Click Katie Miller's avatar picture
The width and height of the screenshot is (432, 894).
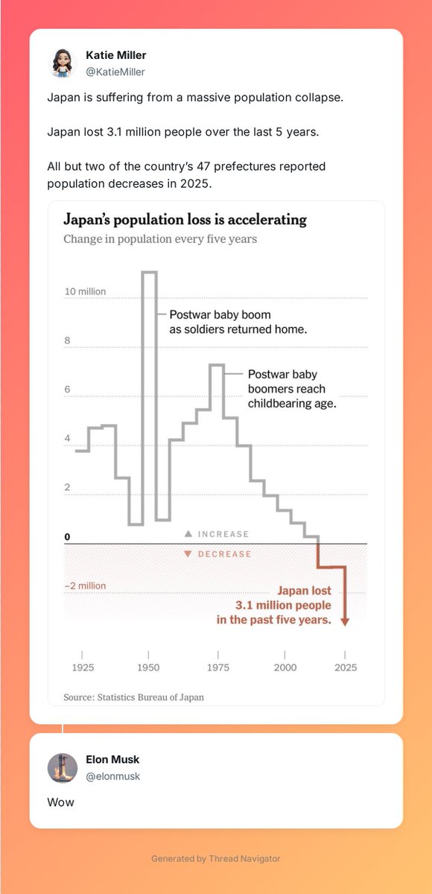coord(63,63)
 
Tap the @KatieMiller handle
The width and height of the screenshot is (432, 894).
coord(115,72)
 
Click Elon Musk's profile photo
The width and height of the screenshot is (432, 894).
coord(63,768)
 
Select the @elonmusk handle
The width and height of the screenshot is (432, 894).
coord(113,776)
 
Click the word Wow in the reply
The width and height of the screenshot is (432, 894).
coord(60,802)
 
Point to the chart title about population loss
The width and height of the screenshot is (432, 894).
coord(185,220)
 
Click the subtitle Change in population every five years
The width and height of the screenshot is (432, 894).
coord(160,239)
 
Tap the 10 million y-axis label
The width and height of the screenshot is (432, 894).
coord(86,291)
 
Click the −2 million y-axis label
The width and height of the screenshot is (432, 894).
coord(86,586)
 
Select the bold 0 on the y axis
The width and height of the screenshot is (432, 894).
coord(67,537)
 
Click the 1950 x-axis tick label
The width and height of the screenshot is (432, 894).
coord(148,668)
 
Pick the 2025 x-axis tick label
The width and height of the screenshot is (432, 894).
coord(346,668)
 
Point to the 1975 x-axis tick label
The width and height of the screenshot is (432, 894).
coord(218,668)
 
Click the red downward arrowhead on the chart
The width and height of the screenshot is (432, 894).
coord(345,621)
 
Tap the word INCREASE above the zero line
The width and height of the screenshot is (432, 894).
coord(223,534)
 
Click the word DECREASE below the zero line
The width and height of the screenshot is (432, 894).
coord(225,554)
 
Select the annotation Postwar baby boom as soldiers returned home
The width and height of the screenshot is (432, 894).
coord(238,322)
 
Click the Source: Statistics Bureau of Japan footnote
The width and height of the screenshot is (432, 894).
coord(133,697)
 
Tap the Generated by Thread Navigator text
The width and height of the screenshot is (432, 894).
coord(216,858)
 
